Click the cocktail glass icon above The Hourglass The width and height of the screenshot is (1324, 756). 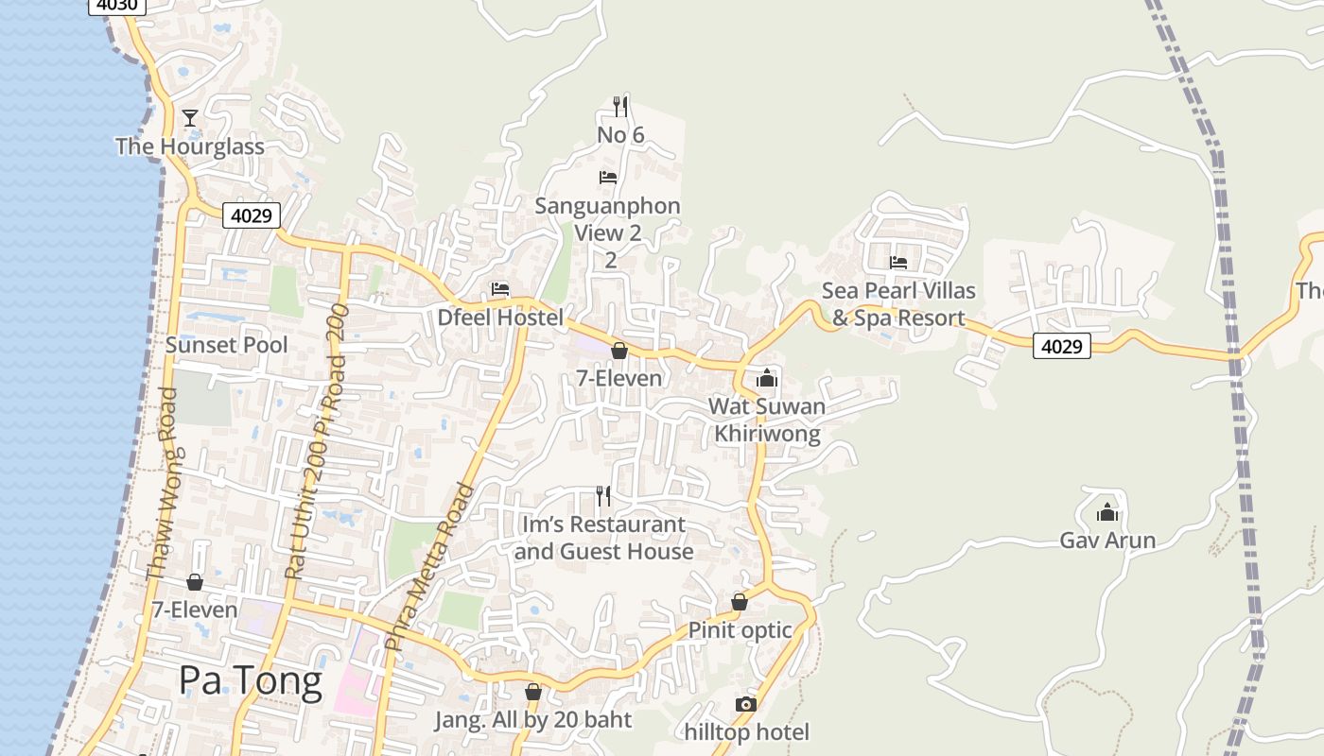[190, 118]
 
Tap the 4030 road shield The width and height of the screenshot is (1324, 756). [116, 5]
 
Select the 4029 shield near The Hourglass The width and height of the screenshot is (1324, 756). [253, 215]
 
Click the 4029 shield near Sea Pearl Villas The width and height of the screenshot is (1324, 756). [1061, 346]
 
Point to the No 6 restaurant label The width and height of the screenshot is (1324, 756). [620, 135]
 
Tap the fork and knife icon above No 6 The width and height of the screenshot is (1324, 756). [620, 105]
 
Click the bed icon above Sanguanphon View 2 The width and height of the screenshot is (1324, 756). [608, 177]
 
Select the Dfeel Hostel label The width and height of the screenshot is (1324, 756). [500, 318]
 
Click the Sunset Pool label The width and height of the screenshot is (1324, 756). [227, 345]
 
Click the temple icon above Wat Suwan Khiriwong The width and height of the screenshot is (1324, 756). [766, 379]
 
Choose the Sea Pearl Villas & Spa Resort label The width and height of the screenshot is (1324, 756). [898, 304]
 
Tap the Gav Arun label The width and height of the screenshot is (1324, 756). [1107, 541]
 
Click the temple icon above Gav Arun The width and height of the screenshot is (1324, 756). [1107, 513]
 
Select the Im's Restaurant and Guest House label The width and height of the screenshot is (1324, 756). [603, 538]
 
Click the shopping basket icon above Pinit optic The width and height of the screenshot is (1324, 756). [740, 602]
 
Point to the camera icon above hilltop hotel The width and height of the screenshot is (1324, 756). [746, 704]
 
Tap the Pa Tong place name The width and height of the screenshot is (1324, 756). [251, 680]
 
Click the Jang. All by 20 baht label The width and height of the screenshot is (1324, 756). [532, 720]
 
